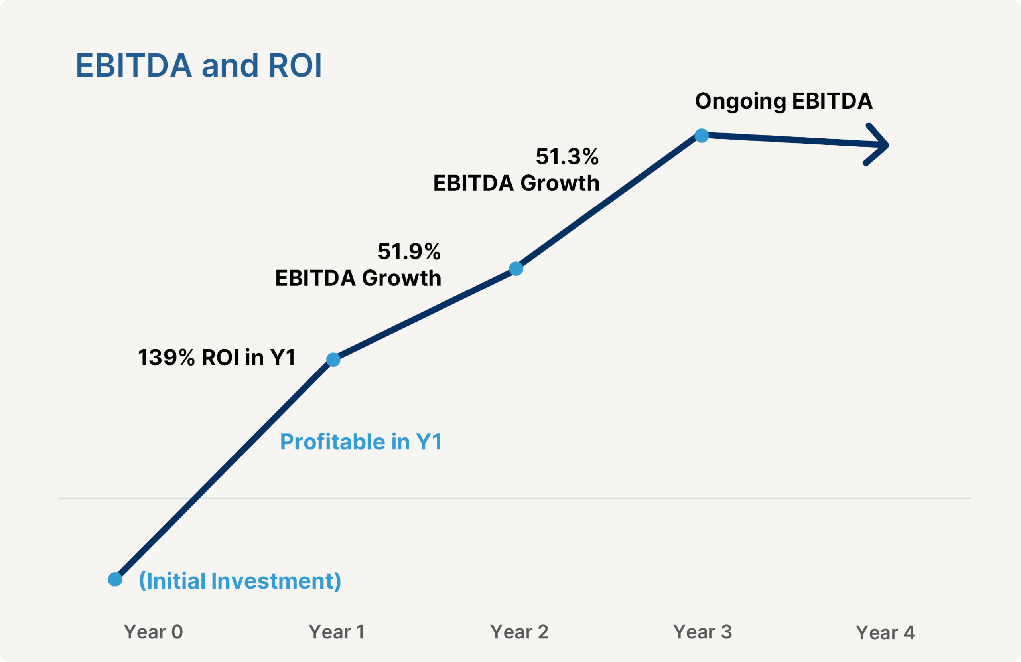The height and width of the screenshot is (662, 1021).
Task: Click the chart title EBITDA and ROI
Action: (x=199, y=66)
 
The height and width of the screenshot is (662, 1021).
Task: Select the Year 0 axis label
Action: (x=153, y=632)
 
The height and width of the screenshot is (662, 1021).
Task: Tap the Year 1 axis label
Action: (x=336, y=632)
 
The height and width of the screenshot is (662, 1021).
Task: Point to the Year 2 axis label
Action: (x=519, y=632)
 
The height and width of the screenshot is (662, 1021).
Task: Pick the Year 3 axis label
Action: (x=702, y=632)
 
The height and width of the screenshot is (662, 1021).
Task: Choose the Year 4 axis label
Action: (x=885, y=633)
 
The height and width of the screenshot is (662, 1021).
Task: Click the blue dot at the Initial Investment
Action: (x=115, y=579)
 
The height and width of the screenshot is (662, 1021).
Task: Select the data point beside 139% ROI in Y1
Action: (x=333, y=360)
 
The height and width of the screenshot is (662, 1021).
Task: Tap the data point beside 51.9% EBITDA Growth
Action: (x=516, y=269)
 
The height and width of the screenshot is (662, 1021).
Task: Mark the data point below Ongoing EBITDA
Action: (x=702, y=136)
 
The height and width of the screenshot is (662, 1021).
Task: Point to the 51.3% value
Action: (x=567, y=156)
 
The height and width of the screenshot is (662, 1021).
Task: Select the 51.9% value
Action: (x=409, y=251)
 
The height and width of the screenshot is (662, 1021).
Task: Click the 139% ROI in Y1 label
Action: (x=217, y=357)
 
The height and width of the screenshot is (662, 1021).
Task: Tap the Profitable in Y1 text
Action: (x=361, y=442)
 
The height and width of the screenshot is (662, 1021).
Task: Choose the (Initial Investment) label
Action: (x=240, y=581)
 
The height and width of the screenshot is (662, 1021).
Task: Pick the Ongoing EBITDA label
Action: (x=783, y=101)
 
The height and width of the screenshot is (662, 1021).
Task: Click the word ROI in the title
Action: (x=295, y=66)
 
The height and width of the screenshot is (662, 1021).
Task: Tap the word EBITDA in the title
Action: (x=134, y=66)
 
